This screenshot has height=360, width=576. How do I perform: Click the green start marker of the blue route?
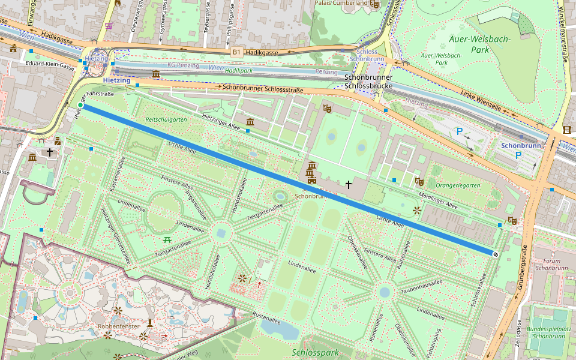pyautogui.click(x=80, y=106)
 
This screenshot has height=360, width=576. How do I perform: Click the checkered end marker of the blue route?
pyautogui.click(x=496, y=254)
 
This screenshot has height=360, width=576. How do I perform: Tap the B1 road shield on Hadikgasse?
pyautogui.click(x=236, y=53)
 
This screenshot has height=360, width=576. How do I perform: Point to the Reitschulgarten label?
pyautogui.click(x=166, y=120)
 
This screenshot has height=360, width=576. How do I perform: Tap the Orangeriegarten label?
pyautogui.click(x=458, y=185)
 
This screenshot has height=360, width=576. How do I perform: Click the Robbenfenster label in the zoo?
pyautogui.click(x=119, y=326)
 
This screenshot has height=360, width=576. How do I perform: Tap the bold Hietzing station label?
pyautogui.click(x=116, y=80)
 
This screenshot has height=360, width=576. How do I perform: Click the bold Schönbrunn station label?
pyautogui.click(x=521, y=146)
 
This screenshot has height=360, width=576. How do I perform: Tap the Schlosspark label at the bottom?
pyautogui.click(x=315, y=353)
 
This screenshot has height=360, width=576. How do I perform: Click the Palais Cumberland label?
pyautogui.click(x=341, y=3)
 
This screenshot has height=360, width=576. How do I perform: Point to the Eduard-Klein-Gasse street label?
pyautogui.click(x=51, y=62)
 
